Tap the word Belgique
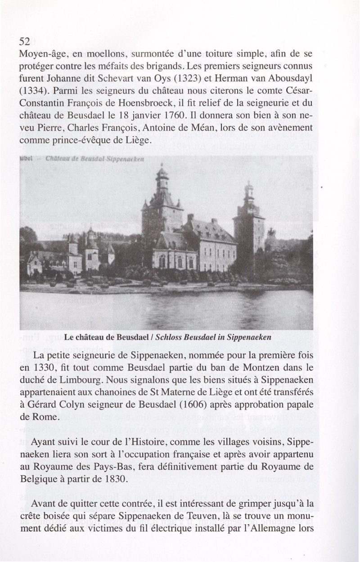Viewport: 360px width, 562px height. pos(40,478)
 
